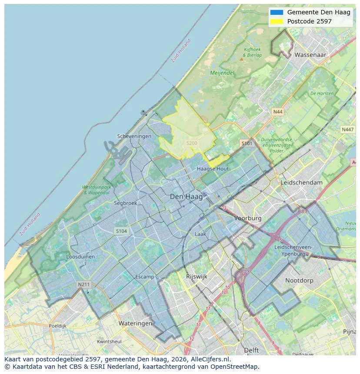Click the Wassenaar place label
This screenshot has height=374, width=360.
coord(310,55)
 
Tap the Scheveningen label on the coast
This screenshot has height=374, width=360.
coord(134,136)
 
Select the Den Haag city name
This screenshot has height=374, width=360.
coord(186,197)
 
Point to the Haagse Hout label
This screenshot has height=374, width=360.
coord(213,169)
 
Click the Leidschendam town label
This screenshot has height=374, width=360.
coord(302,183)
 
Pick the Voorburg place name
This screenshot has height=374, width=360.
coord(248,218)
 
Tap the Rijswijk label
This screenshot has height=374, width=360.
coord(197,277)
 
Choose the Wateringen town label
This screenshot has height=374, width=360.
coord(135,324)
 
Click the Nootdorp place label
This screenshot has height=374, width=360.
coord(299,281)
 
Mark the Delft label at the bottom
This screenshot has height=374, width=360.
coord(251,350)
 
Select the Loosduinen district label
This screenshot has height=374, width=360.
coord(80,257)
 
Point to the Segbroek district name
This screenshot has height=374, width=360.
coord(126,203)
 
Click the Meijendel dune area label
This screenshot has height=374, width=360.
coord(222,73)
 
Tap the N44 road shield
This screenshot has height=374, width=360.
coord(277,112)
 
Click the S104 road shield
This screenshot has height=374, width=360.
coord(121,231)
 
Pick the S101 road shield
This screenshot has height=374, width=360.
coord(247,143)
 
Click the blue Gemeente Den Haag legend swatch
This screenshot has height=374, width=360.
coord(277,13)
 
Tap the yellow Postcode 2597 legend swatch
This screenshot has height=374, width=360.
coord(277,21)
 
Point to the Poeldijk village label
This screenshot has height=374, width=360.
coord(57,326)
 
